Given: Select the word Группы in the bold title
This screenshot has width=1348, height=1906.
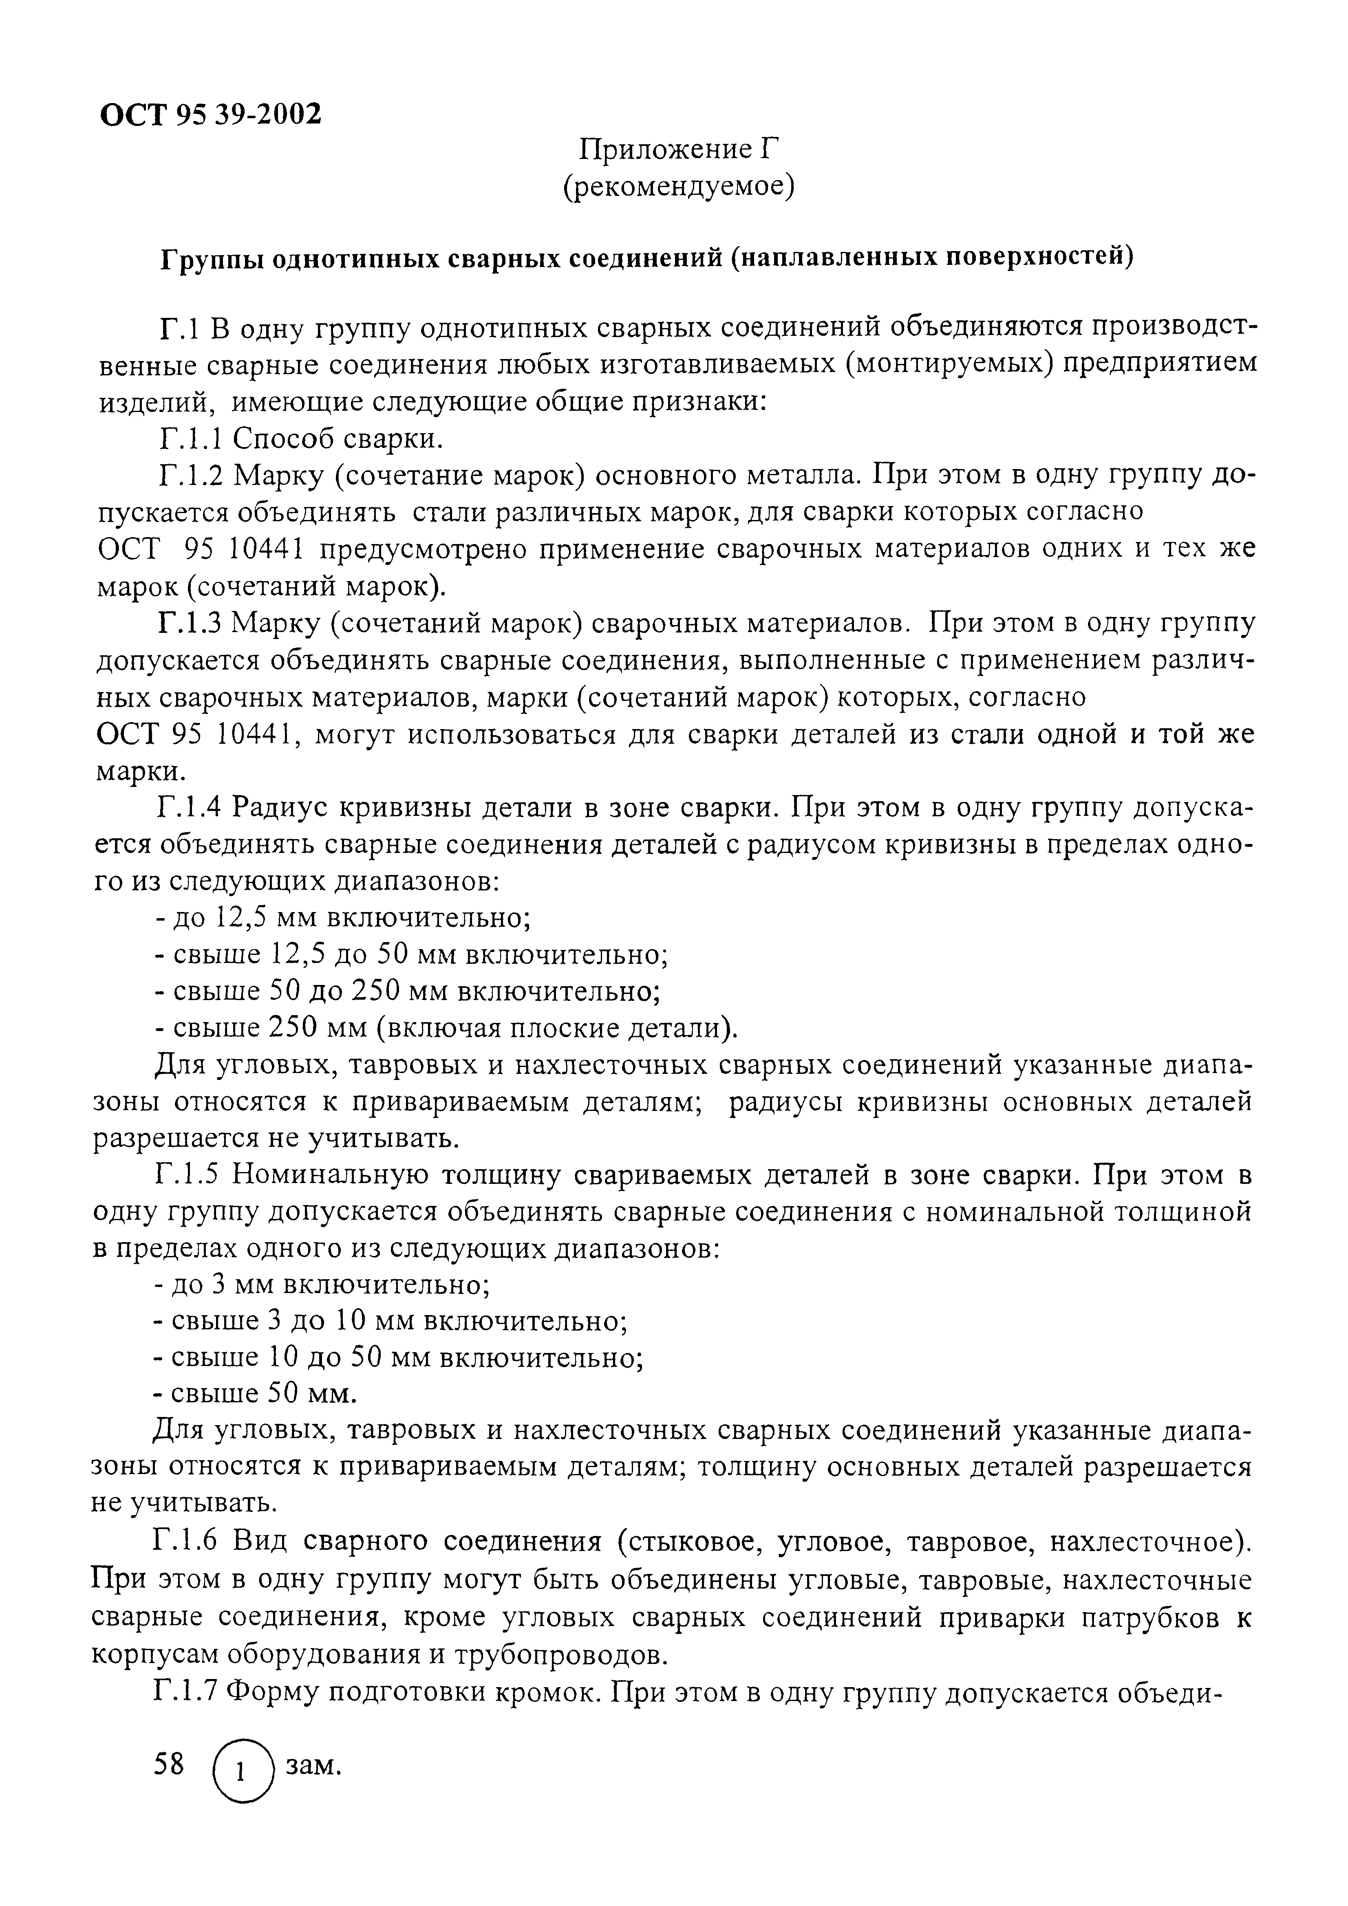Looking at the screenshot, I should [x=211, y=258].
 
